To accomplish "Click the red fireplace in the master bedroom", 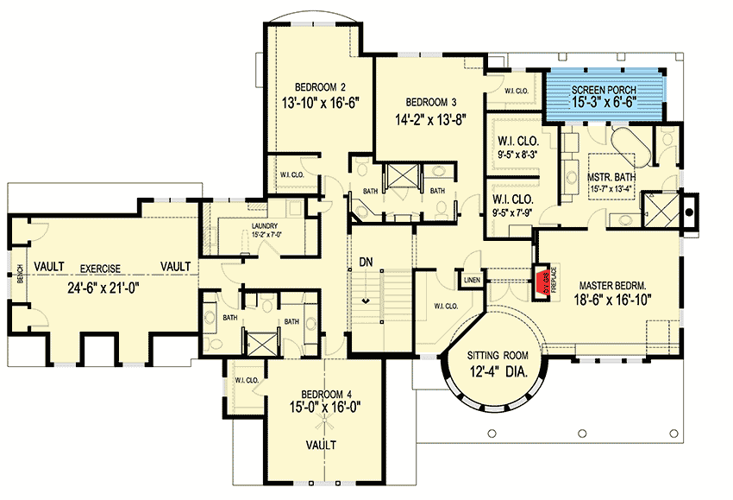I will point(541,282).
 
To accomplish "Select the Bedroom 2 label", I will point(320,86).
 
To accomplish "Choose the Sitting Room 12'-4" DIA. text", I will point(496,364).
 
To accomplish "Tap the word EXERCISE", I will point(94,268).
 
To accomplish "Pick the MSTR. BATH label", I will point(612,155).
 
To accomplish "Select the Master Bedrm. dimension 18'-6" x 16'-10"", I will point(615,301).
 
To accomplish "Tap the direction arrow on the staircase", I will point(367,301).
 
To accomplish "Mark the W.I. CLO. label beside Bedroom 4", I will point(246,378).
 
